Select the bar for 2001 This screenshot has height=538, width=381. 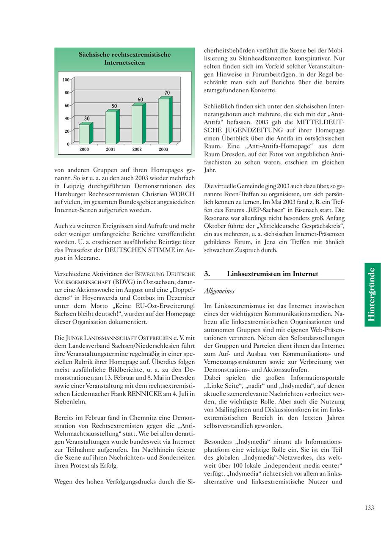click(x=111, y=127)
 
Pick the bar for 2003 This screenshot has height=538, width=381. click(x=164, y=121)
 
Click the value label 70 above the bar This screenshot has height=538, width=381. click(x=167, y=93)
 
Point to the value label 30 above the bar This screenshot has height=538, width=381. click(x=86, y=118)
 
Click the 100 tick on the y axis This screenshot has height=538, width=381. click(x=66, y=80)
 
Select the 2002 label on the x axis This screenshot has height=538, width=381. click(x=137, y=149)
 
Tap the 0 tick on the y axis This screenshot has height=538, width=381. click(x=68, y=144)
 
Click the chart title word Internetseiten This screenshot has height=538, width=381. click(x=124, y=63)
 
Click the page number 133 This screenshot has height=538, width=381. click(x=369, y=508)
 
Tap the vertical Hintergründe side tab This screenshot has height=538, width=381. click(x=372, y=294)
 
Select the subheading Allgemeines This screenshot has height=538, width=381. click(x=219, y=291)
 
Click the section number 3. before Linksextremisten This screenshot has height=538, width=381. click(x=207, y=274)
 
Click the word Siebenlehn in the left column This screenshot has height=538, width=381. click(x=69, y=402)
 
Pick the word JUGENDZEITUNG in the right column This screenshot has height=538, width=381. click(x=258, y=130)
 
